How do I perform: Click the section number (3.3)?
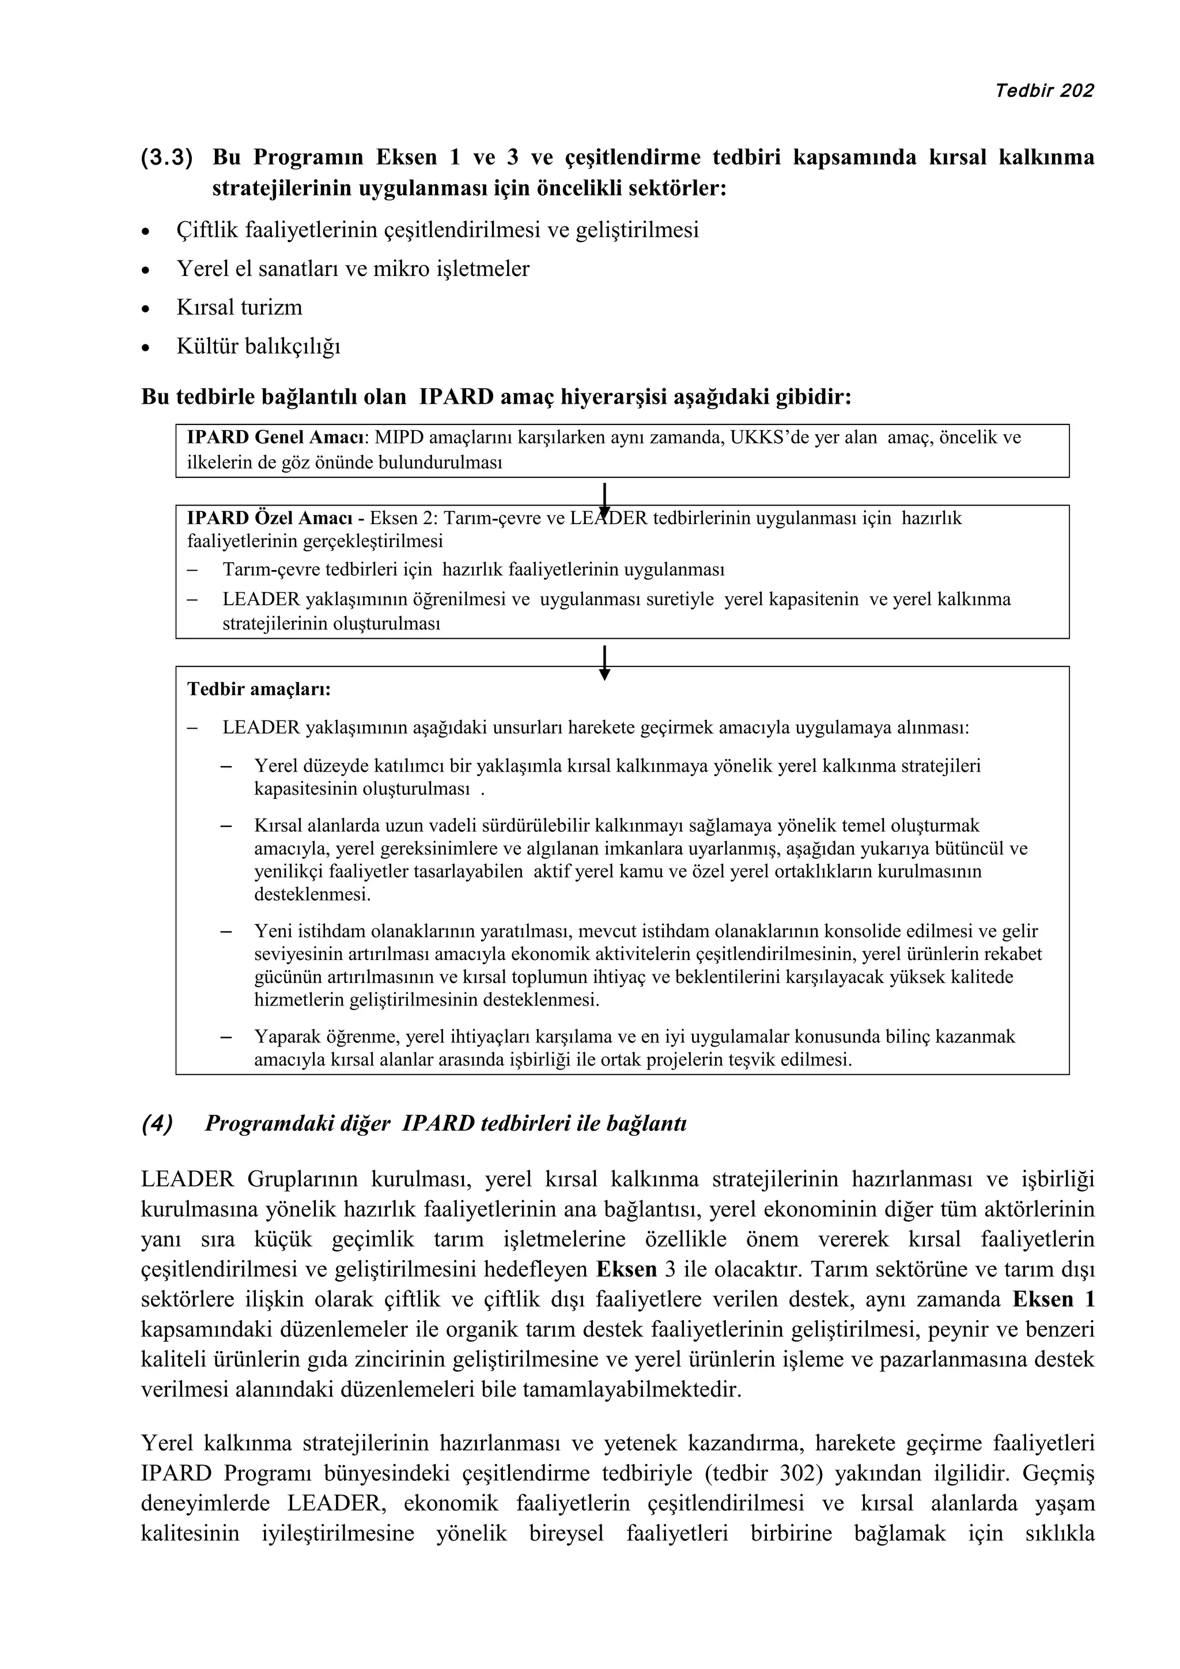[x=167, y=158]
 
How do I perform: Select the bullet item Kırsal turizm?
[x=239, y=308]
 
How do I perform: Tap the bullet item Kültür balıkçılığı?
[x=258, y=346]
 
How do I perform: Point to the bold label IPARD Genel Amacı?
[x=278, y=438]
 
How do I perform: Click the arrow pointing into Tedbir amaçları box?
[x=604, y=662]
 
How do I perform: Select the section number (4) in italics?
[x=157, y=1123]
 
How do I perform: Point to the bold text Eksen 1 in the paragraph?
[x=1053, y=1300]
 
